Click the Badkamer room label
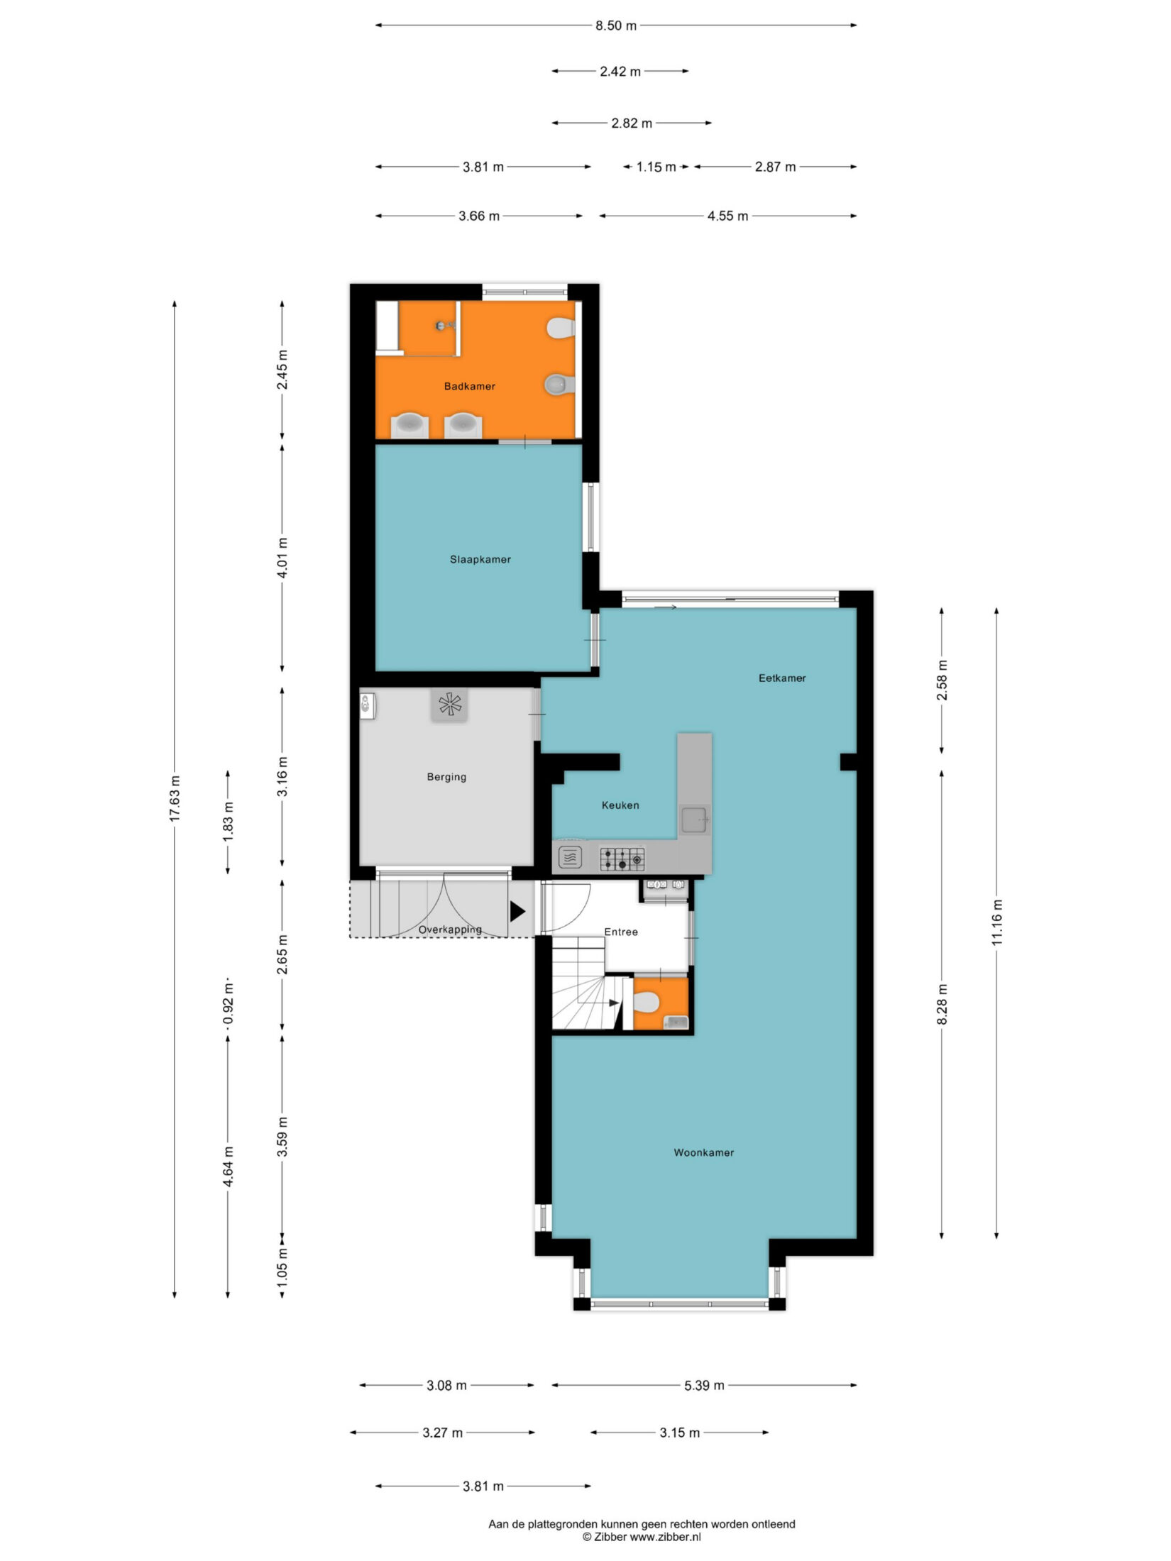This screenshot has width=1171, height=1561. pos(469,387)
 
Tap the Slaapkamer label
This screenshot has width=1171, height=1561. pos(480,560)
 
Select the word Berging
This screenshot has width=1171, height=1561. pos(446,778)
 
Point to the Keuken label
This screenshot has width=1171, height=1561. pos(620,805)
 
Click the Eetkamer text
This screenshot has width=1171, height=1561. pos(782,678)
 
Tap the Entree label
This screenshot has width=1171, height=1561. pos(621,932)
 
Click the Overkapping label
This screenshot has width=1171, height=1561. pos(450,930)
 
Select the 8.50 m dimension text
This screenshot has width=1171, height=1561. pos(616,26)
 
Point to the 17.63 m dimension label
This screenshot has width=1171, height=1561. pos(175,800)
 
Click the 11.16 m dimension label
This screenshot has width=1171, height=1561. pos(997,922)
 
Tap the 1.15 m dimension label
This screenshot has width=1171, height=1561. pos(656,167)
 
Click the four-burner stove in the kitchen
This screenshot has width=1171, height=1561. pos(622,859)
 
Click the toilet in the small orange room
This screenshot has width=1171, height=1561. pos(647,1003)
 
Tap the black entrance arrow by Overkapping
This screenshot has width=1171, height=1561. pos(517,911)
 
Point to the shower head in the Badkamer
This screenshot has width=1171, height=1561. pos(442,326)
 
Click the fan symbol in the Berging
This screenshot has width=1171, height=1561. pos(449,705)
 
